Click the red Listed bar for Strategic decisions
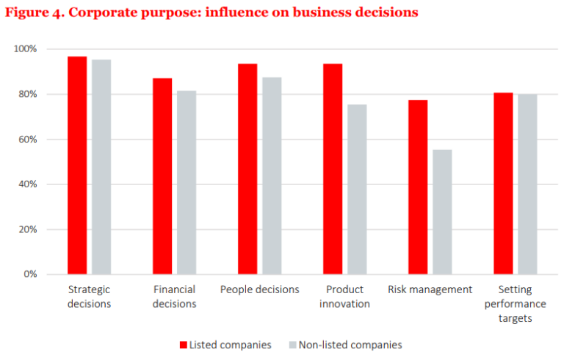[77, 165]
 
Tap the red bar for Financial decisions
[162, 176]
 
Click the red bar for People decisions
[247, 169]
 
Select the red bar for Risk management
[418, 187]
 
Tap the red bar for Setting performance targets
[503, 184]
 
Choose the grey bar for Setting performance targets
[527, 184]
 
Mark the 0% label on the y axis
[29, 274]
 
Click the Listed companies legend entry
[225, 345]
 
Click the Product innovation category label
[344, 296]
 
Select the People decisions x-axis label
[259, 289]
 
